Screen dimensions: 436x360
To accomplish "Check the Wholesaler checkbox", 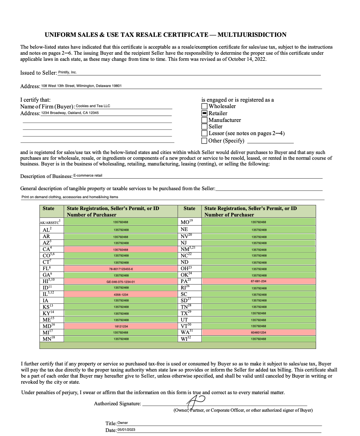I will click(204, 106).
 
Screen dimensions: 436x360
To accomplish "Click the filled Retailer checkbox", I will click(204, 113).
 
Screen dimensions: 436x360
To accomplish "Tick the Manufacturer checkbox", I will click(204, 120).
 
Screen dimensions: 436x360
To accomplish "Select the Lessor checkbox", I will click(204, 133).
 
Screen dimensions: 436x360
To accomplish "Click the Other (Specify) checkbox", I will click(204, 140).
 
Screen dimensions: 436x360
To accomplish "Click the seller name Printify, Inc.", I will click(68, 72).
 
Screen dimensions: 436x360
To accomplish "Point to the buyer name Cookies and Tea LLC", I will click(93, 106).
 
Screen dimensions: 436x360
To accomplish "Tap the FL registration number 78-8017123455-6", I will click(121, 269).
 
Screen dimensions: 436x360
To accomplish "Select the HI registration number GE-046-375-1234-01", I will click(121, 282).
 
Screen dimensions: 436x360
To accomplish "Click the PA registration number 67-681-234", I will click(259, 281).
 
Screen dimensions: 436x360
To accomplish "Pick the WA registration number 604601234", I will click(259, 333).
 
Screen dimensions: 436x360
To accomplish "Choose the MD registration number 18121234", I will click(121, 326).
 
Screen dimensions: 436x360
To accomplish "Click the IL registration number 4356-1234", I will click(121, 294).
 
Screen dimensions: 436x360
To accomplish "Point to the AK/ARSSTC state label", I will click(50, 222).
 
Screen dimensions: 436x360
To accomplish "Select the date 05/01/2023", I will click(126, 430).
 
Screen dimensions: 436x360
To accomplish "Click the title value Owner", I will click(123, 423).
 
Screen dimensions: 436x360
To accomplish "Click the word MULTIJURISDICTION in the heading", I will click(252, 35).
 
